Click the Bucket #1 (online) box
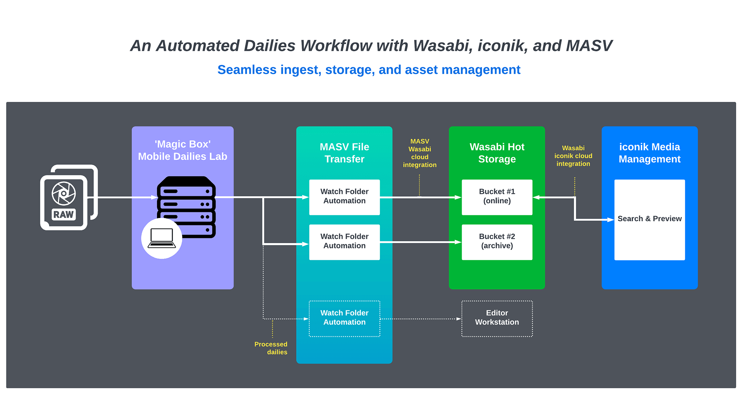click(x=497, y=197)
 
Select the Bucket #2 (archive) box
click(x=497, y=242)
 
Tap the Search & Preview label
click(x=650, y=219)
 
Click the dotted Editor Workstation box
click(x=497, y=318)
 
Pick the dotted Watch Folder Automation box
click(x=344, y=318)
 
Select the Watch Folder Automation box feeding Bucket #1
click(x=344, y=197)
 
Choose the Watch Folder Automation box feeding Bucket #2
click(x=344, y=242)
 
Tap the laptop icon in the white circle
click(x=162, y=238)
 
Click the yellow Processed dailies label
click(x=271, y=348)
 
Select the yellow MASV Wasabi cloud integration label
click(x=420, y=153)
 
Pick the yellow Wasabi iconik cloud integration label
click(x=573, y=156)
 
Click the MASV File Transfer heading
click(x=344, y=153)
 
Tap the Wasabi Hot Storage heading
click(x=497, y=153)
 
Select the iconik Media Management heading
click(x=650, y=153)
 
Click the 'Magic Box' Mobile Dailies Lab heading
click(x=183, y=150)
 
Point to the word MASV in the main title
click(x=589, y=46)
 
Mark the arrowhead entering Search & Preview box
click(x=610, y=220)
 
